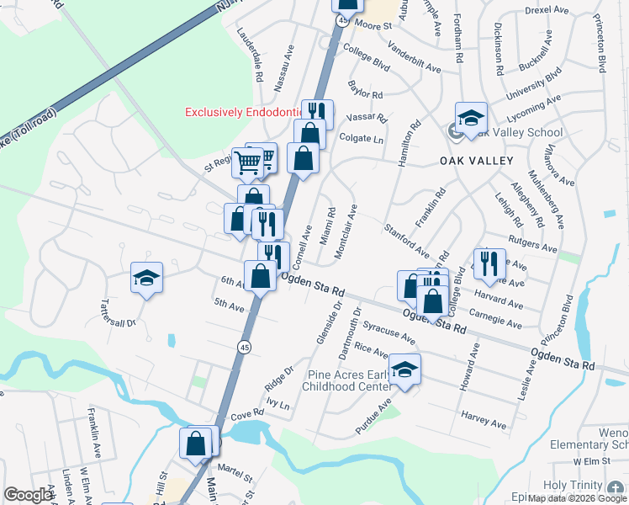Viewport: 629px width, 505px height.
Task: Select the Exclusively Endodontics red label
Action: click(x=244, y=111)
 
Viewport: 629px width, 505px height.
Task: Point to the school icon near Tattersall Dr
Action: click(x=146, y=279)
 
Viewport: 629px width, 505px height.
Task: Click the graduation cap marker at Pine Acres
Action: click(x=405, y=370)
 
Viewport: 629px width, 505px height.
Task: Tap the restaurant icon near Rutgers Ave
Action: click(x=489, y=264)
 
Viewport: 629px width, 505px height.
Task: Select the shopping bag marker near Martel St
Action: click(x=196, y=444)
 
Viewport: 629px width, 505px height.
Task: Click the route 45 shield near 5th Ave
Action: click(x=242, y=346)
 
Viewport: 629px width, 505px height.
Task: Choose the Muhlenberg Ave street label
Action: click(x=543, y=199)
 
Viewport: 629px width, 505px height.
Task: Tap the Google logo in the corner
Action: click(x=29, y=495)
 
